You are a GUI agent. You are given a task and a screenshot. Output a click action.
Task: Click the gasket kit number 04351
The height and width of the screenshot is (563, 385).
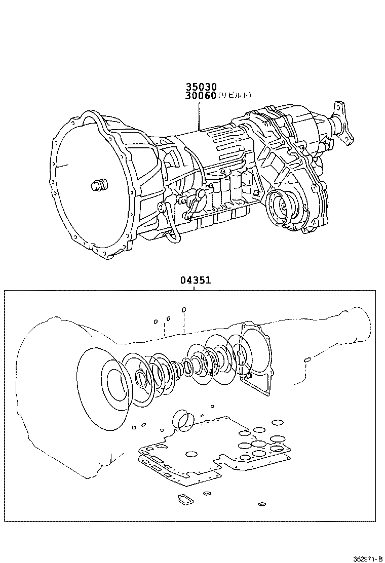(x=195, y=280)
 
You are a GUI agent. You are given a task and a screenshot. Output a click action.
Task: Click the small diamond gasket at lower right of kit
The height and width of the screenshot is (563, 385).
(x=262, y=504)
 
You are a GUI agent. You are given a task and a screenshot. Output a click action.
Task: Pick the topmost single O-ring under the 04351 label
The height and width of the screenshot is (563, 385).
(x=184, y=310)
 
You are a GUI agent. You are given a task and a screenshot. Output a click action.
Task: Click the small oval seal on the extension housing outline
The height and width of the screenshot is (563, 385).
(x=306, y=359)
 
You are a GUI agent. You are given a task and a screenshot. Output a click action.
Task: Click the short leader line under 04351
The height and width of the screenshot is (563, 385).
(x=195, y=288)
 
